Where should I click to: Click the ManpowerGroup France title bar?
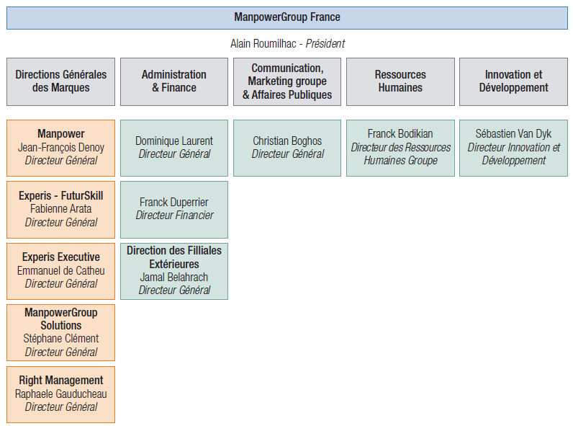tap(287, 18)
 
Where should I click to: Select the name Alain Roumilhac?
tap(263, 43)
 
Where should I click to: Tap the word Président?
tap(325, 43)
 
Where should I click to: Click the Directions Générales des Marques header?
tap(60, 81)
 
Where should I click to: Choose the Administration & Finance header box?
tap(174, 81)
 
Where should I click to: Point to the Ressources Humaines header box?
tap(400, 81)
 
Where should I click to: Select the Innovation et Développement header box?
tap(513, 81)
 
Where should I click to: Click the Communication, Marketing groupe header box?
tap(287, 81)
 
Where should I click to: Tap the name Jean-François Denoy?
tap(61, 148)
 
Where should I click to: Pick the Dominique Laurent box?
tap(174, 148)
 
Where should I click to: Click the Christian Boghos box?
tap(287, 148)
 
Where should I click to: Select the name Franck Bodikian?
tap(400, 133)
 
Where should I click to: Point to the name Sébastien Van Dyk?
tap(513, 133)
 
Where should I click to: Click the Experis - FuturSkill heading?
tap(61, 195)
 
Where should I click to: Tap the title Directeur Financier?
tap(174, 216)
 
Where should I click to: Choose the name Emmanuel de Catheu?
tap(61, 270)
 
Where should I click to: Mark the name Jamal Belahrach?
tap(174, 277)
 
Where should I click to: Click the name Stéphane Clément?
tap(61, 339)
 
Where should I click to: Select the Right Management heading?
tap(61, 381)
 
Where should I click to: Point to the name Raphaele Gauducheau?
tap(61, 394)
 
